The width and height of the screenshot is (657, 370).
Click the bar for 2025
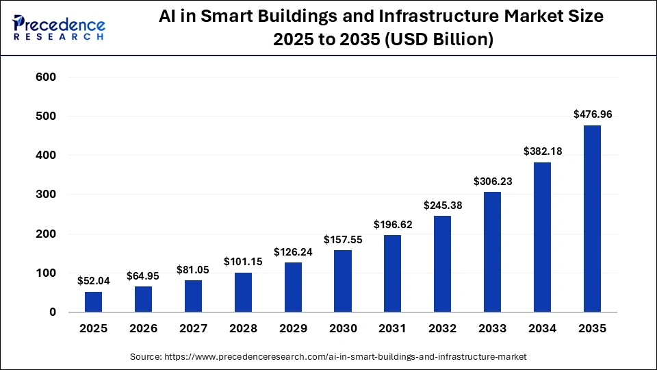pos(93,301)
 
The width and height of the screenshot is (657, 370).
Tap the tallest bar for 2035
pos(592,219)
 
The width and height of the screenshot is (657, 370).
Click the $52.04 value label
pos(93,281)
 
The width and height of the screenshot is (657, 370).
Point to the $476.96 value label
pos(592,114)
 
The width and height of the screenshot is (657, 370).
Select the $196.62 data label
pos(393,224)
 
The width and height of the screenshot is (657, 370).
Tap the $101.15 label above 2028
pos(243,261)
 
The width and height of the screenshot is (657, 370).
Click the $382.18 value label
pos(542,151)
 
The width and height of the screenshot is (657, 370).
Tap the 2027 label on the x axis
pos(193,329)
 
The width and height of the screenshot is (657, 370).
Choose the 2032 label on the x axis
pos(442,329)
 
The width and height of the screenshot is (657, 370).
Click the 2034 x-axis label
pos(542,329)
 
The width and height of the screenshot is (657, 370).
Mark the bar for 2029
pos(293,287)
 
